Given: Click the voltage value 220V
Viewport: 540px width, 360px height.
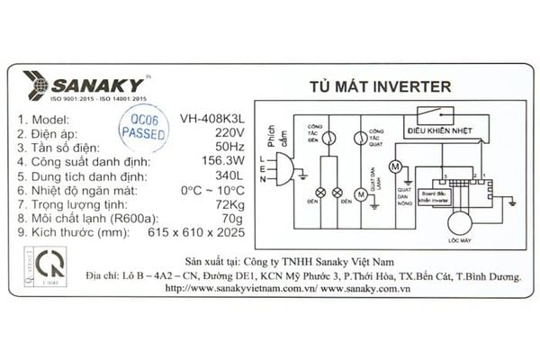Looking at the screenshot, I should tap(227, 133).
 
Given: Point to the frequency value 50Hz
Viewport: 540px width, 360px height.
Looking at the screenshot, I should tap(227, 148).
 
